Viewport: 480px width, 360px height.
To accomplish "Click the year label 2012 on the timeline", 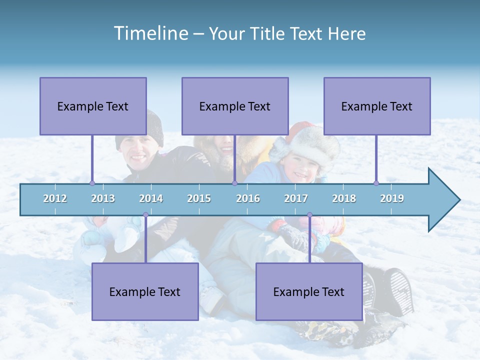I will pos(55,198).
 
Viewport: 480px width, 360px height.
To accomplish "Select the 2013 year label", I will pos(103,198).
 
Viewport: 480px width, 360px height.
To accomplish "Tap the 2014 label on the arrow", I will pos(151,198).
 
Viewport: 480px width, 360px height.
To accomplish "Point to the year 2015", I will pos(199,198).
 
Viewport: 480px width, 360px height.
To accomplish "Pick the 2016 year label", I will pos(248,198).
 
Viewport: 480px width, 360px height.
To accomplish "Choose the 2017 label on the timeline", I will pos(296,198).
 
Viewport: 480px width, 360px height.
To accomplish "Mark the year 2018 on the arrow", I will pos(344,198).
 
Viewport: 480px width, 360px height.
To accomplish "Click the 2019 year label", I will pos(392,198).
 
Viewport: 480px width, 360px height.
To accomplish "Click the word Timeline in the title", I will pos(150,33).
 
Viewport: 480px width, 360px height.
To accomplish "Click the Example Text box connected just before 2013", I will pos(93,106).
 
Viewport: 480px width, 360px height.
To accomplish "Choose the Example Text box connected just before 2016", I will pos(235,106).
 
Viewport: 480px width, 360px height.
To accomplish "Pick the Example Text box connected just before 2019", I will pos(377,106).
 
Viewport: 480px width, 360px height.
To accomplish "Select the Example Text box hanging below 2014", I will pos(145,291).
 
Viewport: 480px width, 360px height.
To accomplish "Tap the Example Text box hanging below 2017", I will pos(309,291).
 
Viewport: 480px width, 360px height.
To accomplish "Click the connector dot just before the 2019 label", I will pos(376,183).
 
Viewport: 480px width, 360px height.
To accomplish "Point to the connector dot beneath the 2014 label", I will pos(145,215).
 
